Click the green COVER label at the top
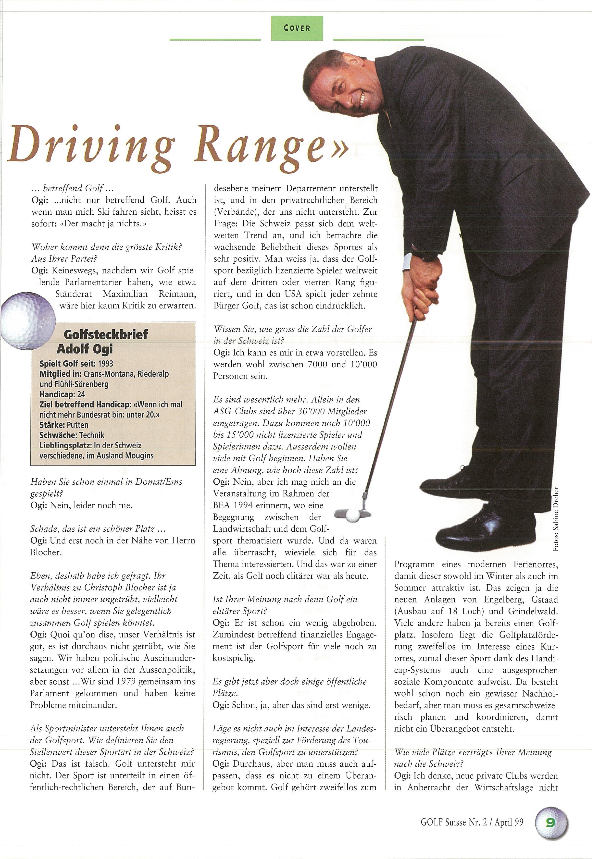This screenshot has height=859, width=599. coord(297,28)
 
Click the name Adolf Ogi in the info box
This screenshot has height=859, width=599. coord(85,349)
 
